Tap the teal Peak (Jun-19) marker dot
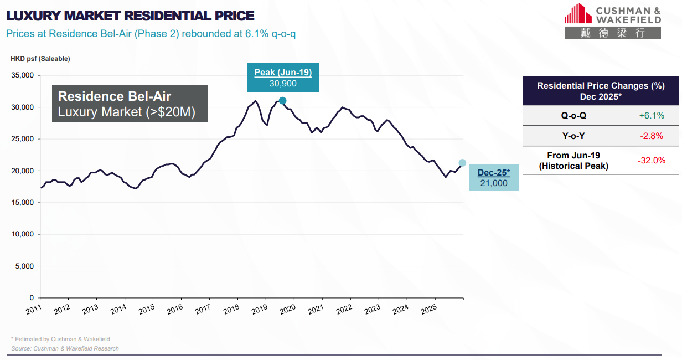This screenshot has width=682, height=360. tap(282, 101)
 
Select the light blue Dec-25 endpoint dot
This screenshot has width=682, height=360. tap(462, 163)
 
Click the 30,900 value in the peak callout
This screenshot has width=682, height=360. tap(283, 84)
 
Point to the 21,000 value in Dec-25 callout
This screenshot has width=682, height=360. tap(494, 183)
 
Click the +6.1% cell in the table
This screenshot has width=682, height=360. tap(651, 115)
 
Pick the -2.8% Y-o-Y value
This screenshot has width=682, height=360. tap(651, 136)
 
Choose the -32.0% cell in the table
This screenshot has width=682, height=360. tap(651, 161)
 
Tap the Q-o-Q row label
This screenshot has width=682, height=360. tap(573, 115)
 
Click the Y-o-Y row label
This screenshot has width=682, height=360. tap(573, 136)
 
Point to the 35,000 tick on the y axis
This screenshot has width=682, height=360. tap(23, 75)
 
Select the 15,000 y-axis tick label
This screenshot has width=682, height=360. tap(23, 203)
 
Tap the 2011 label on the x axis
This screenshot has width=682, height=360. tap(34, 309)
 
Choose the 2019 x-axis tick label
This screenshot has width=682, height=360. tap(260, 309)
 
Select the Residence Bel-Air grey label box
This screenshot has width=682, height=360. tap(130, 104)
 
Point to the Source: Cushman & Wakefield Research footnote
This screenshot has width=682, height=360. tap(65, 348)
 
